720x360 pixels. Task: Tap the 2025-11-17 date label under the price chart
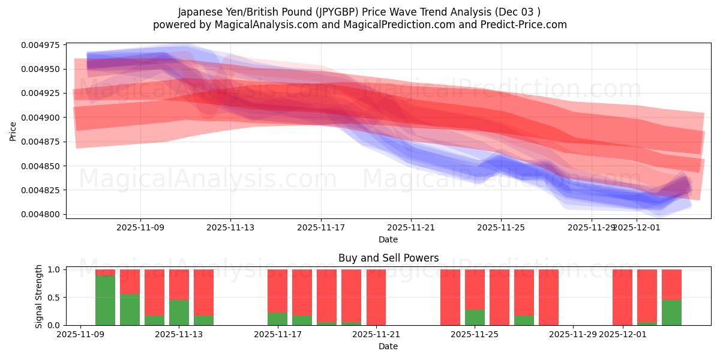(320, 227)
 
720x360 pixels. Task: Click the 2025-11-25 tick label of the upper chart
(501, 227)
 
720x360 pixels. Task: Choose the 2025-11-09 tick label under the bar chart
(80, 335)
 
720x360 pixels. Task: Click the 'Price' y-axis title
(13, 131)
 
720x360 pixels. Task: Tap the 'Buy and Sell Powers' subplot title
(388, 258)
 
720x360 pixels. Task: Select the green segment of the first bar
(105, 300)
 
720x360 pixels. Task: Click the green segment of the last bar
(671, 312)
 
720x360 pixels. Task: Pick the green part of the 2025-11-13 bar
(179, 312)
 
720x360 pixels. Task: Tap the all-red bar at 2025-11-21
(376, 297)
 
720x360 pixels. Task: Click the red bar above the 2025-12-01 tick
(622, 297)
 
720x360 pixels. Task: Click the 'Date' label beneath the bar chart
(388, 346)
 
